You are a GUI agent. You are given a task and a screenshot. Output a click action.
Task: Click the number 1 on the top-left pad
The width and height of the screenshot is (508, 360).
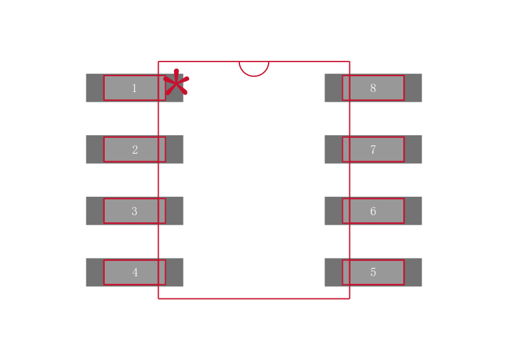[134, 88]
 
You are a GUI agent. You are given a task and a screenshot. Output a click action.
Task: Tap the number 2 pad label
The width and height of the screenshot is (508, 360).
[135, 150]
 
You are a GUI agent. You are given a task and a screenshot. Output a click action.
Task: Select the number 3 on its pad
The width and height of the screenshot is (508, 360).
[134, 211]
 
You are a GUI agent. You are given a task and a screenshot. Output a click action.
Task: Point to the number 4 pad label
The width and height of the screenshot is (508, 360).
[135, 272]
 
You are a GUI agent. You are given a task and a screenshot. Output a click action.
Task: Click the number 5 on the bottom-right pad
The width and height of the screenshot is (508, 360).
[373, 272]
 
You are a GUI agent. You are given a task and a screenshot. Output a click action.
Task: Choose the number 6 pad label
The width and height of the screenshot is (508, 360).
[373, 211]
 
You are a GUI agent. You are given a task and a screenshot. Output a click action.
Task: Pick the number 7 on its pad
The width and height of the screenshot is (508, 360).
[373, 150]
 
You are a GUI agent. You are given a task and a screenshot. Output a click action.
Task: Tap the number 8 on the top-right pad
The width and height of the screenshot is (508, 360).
[373, 88]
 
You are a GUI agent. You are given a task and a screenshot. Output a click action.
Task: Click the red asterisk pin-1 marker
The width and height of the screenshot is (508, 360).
[176, 83]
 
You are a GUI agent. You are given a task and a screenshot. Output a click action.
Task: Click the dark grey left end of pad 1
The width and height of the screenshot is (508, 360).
[95, 88]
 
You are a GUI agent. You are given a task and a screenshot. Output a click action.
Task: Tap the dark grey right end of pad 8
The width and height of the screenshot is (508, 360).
[413, 88]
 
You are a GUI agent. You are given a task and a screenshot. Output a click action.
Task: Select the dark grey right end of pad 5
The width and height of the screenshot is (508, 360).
[413, 272]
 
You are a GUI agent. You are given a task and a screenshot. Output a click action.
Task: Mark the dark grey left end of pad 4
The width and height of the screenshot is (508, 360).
[95, 272]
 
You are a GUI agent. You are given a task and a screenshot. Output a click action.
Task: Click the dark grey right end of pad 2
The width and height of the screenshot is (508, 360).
[175, 149]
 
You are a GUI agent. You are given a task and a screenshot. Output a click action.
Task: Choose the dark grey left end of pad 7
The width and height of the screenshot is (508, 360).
[333, 149]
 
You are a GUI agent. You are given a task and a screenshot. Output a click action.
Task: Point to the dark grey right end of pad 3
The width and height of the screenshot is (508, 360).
[175, 211]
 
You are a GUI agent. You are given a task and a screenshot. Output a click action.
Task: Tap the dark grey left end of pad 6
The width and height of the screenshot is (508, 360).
[333, 211]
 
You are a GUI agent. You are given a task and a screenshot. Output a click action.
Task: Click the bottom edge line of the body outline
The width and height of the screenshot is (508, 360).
[254, 298]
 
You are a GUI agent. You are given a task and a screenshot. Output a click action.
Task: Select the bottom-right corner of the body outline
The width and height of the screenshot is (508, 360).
[349, 298]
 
